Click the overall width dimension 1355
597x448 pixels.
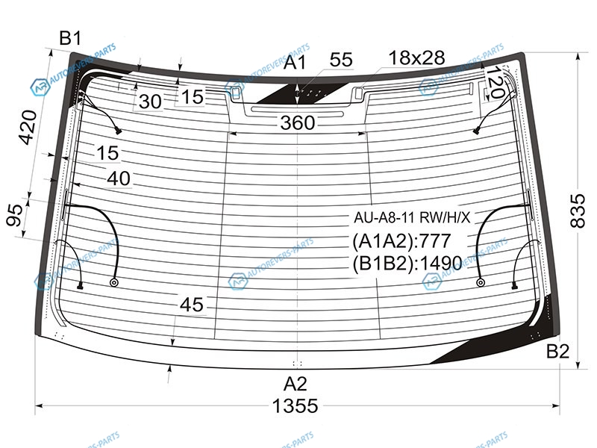click(295, 406)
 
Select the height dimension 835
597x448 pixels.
click(578, 211)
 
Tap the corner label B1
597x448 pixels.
click(71, 38)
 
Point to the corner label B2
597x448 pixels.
click(557, 351)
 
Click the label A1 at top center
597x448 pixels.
click(295, 63)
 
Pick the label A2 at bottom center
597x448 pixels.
click(296, 384)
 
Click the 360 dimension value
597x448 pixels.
click(298, 122)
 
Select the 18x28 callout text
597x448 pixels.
click(416, 58)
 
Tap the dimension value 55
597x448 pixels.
click(341, 60)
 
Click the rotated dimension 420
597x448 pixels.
click(28, 127)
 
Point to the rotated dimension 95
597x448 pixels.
click(15, 215)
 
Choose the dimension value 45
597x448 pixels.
click(192, 305)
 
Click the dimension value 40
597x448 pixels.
click(119, 178)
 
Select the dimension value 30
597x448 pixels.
click(150, 102)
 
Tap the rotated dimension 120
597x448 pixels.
click(496, 82)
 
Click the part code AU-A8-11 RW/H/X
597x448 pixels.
click(413, 217)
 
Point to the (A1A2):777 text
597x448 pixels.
click(401, 240)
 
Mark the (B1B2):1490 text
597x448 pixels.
click(407, 263)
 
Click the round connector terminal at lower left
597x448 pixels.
click(113, 283)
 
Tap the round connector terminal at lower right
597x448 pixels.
click(481, 283)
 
